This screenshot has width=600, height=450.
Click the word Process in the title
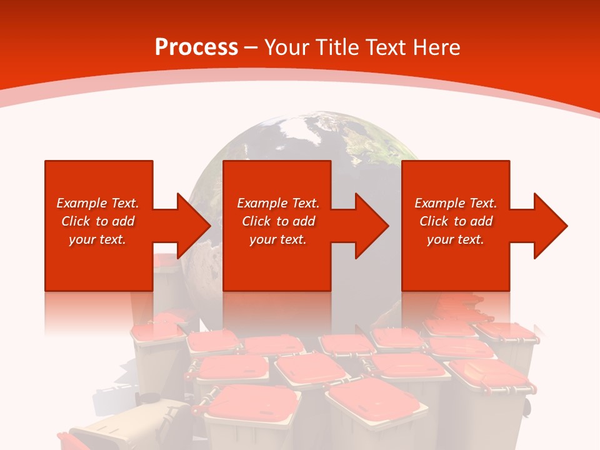pyautogui.click(x=196, y=47)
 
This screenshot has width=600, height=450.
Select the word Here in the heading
pyautogui.click(x=436, y=47)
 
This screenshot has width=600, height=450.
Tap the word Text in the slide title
pyautogui.click(x=385, y=47)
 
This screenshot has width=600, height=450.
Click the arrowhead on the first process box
pyautogui.click(x=193, y=226)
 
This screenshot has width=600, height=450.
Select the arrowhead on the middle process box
pyautogui.click(x=371, y=226)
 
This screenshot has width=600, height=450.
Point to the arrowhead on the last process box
pyautogui.click(x=550, y=226)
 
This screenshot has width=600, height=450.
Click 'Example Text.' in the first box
pyautogui.click(x=97, y=203)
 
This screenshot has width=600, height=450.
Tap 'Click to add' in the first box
pyautogui.click(x=97, y=221)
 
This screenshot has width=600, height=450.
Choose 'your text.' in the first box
pyautogui.click(x=97, y=239)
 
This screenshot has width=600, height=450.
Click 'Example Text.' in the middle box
pyautogui.click(x=278, y=203)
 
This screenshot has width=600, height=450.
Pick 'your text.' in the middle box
pyautogui.click(x=278, y=239)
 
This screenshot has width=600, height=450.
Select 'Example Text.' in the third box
pyautogui.click(x=456, y=203)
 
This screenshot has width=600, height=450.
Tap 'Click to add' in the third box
pyautogui.click(x=456, y=221)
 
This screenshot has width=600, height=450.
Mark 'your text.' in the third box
pyautogui.click(x=456, y=239)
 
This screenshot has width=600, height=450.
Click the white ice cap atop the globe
pyautogui.click(x=299, y=125)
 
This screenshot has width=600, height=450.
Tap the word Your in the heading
pyautogui.click(x=284, y=47)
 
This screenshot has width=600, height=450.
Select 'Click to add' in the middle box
pyautogui.click(x=278, y=221)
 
